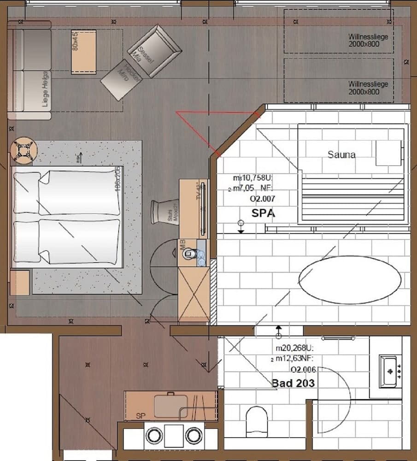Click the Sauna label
341,154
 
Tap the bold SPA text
263,213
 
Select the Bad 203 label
293,383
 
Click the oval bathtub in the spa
350,280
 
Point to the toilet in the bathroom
257,422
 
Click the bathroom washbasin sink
390,371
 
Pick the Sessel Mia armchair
154,51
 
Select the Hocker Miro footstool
121,79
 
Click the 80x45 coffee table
83,52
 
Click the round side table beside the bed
22,151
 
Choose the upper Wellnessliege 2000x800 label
368,39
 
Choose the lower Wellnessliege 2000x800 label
368,88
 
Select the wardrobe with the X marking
194,295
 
